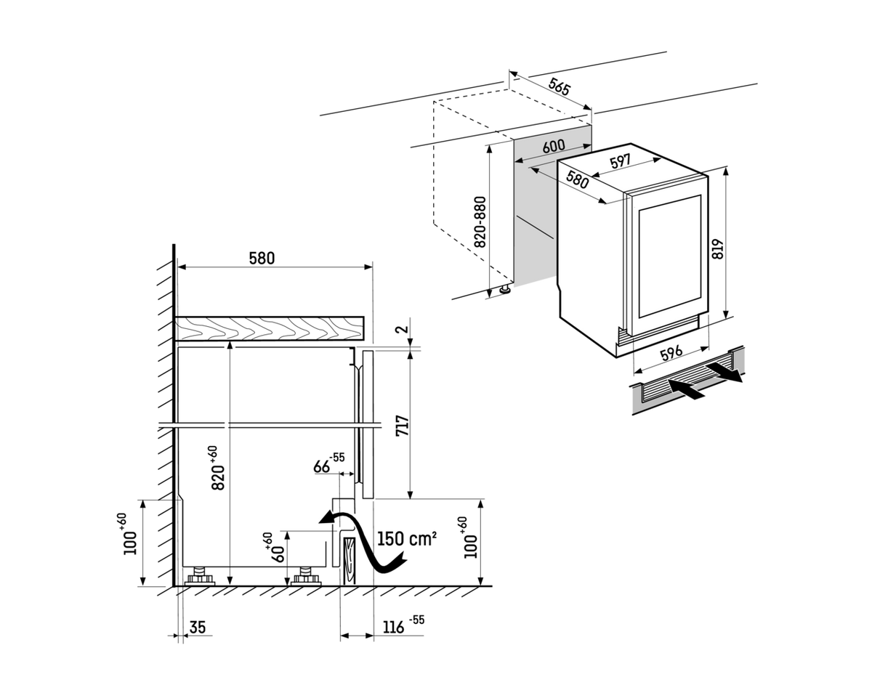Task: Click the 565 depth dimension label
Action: (559, 86)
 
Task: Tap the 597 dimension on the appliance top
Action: (621, 161)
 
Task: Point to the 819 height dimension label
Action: (718, 248)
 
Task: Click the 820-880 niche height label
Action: (480, 222)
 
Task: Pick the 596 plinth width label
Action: (671, 352)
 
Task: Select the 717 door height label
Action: (403, 426)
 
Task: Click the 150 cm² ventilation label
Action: (407, 539)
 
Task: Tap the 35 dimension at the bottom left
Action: (198, 627)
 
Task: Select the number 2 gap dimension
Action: (403, 329)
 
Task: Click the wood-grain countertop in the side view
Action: (270, 328)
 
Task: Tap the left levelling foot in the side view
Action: (199, 576)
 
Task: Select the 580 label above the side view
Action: (262, 259)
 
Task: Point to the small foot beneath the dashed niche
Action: (506, 288)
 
